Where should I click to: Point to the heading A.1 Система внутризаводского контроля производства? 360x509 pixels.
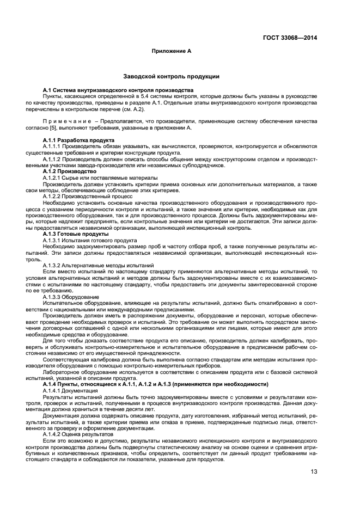pos(118,89)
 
